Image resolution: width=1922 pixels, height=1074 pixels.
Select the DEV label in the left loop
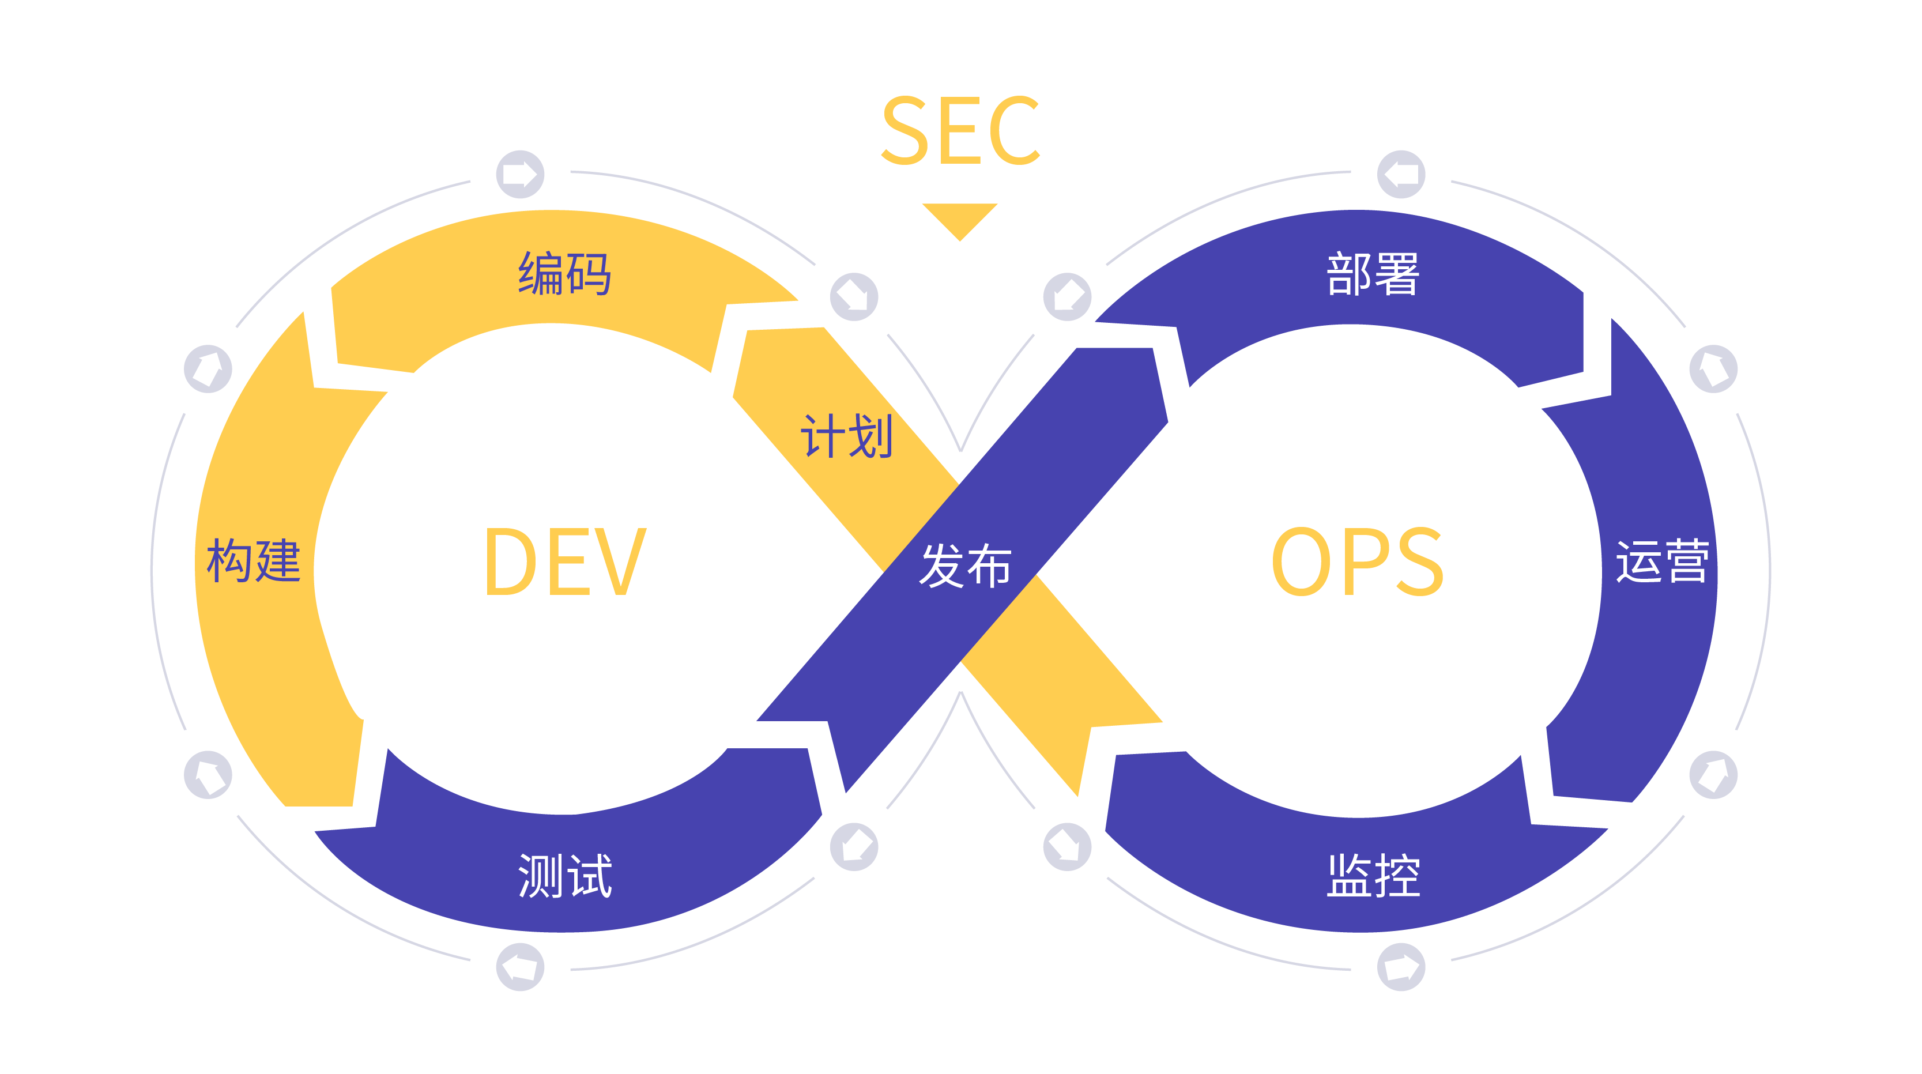click(565, 562)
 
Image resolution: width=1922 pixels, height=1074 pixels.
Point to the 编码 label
click(565, 274)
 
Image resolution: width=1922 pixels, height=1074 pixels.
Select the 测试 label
click(565, 876)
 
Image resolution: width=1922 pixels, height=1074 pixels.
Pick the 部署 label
click(1373, 274)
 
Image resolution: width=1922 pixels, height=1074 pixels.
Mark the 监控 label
click(1373, 876)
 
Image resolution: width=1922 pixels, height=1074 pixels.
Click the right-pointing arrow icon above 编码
click(520, 175)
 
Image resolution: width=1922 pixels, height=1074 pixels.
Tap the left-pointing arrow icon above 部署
click(1400, 175)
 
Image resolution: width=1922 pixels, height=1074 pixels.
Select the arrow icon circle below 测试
click(520, 967)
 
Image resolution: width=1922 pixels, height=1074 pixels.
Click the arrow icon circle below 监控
click(1400, 967)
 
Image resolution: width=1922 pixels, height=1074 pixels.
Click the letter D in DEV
click(510, 562)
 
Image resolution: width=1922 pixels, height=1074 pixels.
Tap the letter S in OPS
click(1418, 562)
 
